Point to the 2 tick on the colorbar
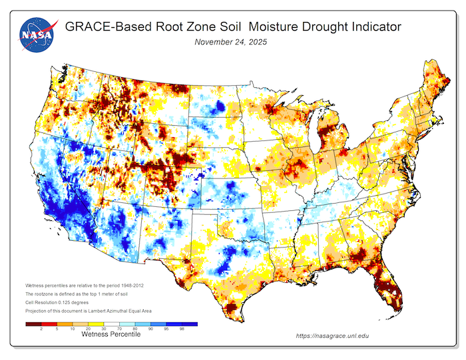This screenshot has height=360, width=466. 42,329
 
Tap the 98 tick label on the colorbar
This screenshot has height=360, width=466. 181,329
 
